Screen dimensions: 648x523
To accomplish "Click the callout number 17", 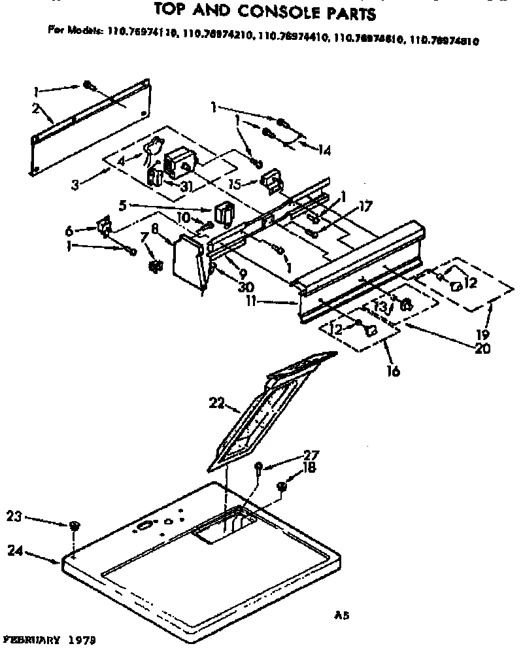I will pyautogui.click(x=365, y=207).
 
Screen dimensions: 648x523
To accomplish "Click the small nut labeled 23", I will pyautogui.click(x=74, y=526).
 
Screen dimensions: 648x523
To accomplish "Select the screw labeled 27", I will pyautogui.click(x=259, y=466).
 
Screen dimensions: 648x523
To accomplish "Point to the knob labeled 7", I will pyautogui.click(x=155, y=265).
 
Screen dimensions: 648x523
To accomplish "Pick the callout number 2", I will pyautogui.click(x=35, y=108).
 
